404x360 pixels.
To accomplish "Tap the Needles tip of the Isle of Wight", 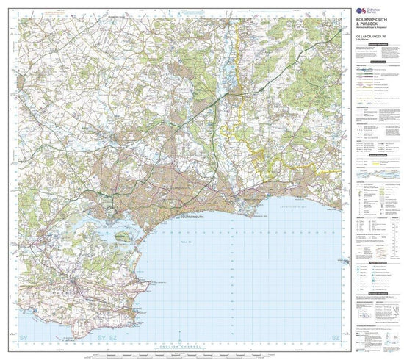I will (x=339, y=262).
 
